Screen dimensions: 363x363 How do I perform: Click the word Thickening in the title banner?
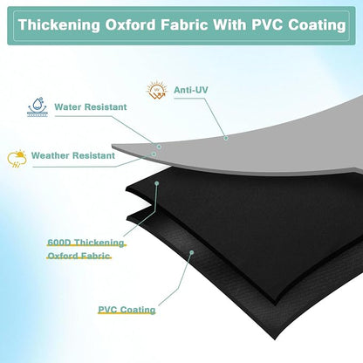[59, 25]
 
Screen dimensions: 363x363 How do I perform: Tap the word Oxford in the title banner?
[130, 24]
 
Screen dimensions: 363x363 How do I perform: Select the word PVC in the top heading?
[267, 24]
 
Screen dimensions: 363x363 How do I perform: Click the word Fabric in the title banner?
[184, 24]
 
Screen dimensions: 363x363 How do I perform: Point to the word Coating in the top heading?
[317, 24]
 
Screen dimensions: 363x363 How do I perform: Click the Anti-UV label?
[191, 90]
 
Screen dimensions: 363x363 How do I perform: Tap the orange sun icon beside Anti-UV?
[157, 89]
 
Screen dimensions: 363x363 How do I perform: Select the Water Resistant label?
[91, 106]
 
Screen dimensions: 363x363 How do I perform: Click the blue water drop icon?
[38, 107]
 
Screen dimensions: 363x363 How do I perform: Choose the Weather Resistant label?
[73, 155]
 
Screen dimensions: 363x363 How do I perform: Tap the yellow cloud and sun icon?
[17, 159]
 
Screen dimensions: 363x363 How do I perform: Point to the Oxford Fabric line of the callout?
[79, 256]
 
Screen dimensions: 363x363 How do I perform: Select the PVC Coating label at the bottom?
[127, 310]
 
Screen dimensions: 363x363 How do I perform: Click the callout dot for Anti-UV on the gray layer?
[226, 138]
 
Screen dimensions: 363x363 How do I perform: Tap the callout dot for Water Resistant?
[159, 147]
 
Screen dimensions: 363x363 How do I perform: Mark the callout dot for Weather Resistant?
[154, 154]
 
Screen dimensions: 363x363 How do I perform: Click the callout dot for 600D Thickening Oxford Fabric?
[157, 183]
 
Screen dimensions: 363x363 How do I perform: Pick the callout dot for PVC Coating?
[191, 252]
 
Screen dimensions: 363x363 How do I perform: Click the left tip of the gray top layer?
[113, 145]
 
